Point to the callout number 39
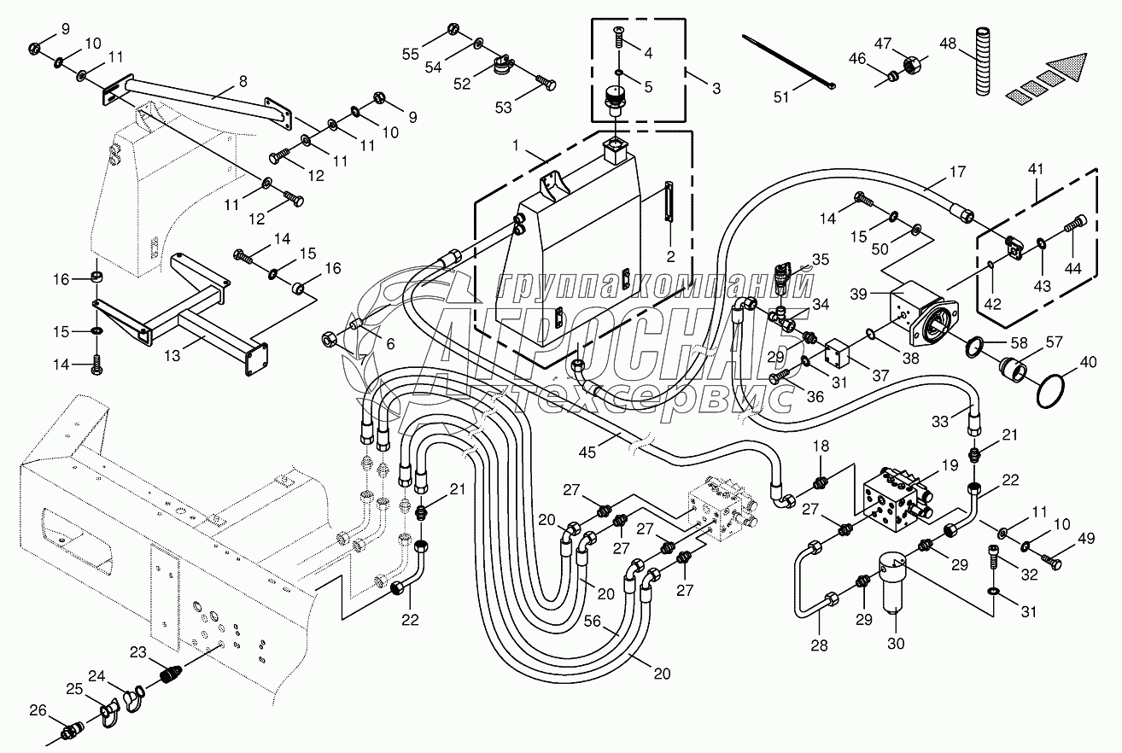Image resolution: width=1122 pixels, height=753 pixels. (x=859, y=293)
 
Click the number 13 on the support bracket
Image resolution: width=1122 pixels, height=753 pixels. (x=173, y=354)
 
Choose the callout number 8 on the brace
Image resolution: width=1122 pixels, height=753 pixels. (x=243, y=83)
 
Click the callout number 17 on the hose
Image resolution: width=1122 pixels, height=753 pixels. (x=956, y=172)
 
